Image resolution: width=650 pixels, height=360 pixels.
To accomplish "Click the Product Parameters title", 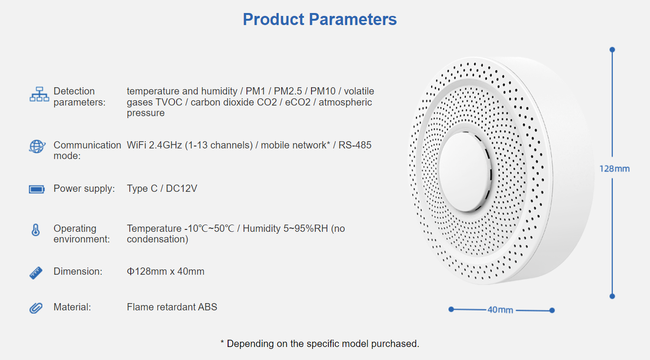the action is point(320,19).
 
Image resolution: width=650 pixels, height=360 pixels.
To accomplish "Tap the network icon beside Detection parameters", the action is point(39,94).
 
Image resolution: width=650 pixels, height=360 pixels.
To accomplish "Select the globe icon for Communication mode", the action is point(37,146).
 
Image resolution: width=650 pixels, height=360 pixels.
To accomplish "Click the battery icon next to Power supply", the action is point(37,189).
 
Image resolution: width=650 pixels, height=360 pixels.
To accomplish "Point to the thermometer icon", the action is point(36,230).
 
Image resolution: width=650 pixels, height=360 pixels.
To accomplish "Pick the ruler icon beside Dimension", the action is point(36,273).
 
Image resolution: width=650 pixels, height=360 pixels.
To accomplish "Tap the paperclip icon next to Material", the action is point(36,308).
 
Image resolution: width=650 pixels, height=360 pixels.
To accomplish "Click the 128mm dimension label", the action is point(615,169).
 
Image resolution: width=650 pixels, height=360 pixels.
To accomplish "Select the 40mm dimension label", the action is point(500,310).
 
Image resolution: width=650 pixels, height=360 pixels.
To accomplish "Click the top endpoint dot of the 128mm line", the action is point(612,50).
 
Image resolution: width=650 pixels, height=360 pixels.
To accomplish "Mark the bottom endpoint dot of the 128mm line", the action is point(612,296).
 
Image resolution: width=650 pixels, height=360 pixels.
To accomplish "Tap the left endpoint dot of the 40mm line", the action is point(451,309).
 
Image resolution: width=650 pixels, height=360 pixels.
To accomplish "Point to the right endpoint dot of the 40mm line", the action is point(552,310).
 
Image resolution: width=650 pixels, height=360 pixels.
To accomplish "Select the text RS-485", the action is point(355,145).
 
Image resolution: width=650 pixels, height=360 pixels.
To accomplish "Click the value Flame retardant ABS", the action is point(172,307).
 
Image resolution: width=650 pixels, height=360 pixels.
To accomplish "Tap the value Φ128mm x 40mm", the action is point(165,271).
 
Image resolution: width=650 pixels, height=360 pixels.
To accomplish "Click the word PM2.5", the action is point(288,91).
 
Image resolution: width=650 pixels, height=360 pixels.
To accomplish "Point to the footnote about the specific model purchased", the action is point(320,344).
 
